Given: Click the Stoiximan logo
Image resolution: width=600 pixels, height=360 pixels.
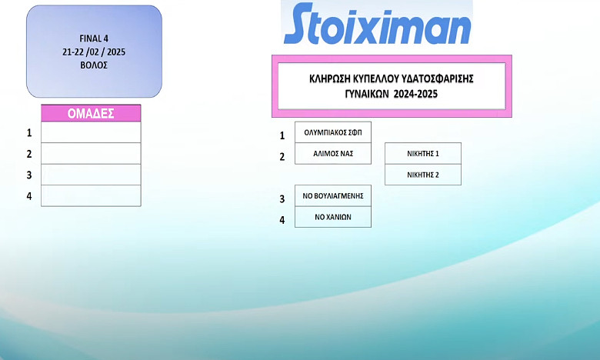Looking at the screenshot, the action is pyautogui.click(x=377, y=24).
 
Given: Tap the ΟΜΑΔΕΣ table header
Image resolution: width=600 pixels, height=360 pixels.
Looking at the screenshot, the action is pyautogui.click(x=91, y=113).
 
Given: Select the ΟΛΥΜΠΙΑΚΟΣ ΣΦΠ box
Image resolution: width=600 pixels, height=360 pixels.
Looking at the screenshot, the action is pyautogui.click(x=333, y=132).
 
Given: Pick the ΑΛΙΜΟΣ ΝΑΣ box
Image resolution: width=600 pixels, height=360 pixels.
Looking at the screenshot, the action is pyautogui.click(x=333, y=154).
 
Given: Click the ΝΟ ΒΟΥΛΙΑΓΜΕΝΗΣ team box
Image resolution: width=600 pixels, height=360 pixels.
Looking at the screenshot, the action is pyautogui.click(x=333, y=196).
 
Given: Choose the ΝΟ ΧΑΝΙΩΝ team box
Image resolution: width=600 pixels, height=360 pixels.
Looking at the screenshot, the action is pyautogui.click(x=333, y=217).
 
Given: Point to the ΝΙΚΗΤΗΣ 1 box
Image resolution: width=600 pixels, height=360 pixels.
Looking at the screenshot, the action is pyautogui.click(x=423, y=154).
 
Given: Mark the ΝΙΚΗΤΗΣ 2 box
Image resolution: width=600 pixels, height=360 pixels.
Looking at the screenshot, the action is pyautogui.click(x=423, y=175).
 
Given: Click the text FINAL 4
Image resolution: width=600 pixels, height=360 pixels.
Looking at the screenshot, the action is pyautogui.click(x=94, y=38).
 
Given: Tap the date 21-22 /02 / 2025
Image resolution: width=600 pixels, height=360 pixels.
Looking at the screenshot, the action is pyautogui.click(x=94, y=52).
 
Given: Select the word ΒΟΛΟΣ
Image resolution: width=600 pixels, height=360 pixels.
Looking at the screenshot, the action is pyautogui.click(x=94, y=65).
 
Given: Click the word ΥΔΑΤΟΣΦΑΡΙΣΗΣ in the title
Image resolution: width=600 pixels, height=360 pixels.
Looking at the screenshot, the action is pyautogui.click(x=438, y=78).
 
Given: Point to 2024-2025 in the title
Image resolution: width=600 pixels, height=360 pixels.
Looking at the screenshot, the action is pyautogui.click(x=415, y=94).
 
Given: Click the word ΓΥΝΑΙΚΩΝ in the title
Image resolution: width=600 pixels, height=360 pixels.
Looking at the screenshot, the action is pyautogui.click(x=367, y=94).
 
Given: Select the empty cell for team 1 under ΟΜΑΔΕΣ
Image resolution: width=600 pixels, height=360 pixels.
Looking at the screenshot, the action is pyautogui.click(x=91, y=132).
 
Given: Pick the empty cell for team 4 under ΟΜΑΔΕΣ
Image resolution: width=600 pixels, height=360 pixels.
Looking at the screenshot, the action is pyautogui.click(x=91, y=196).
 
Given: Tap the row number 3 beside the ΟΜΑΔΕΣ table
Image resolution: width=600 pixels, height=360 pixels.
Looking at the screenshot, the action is pyautogui.click(x=29, y=175).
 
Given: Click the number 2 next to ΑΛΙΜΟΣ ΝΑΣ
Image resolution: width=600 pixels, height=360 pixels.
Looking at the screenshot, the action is pyautogui.click(x=282, y=157).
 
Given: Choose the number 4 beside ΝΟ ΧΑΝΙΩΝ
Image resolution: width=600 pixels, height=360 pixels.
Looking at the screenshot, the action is pyautogui.click(x=282, y=220).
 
